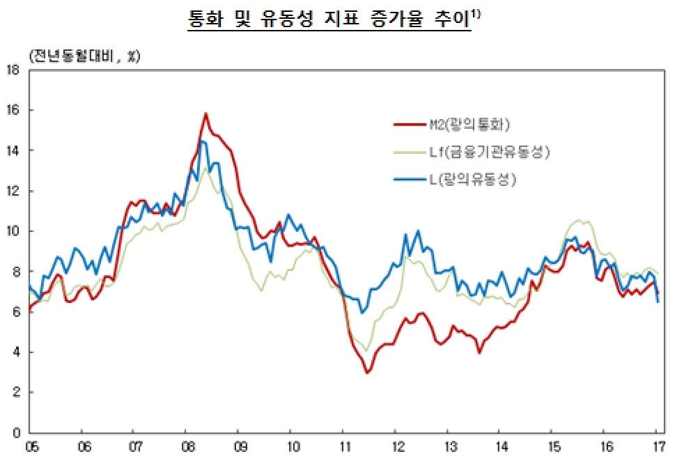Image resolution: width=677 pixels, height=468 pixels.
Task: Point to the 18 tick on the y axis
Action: point(13,70)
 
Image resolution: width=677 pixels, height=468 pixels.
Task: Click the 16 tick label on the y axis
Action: point(13,110)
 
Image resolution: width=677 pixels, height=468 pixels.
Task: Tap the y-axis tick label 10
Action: point(13,231)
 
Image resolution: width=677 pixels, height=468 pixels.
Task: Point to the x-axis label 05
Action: point(30,446)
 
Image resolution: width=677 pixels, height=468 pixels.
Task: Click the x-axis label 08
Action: point(186,446)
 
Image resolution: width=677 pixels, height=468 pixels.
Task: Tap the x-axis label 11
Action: point(343,446)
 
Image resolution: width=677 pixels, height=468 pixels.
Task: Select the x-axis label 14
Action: point(501,446)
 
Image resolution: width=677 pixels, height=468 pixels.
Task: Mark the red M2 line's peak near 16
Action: point(205,113)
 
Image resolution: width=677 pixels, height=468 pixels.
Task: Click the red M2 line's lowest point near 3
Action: point(367,373)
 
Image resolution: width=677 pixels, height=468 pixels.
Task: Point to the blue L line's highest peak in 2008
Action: point(201,141)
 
